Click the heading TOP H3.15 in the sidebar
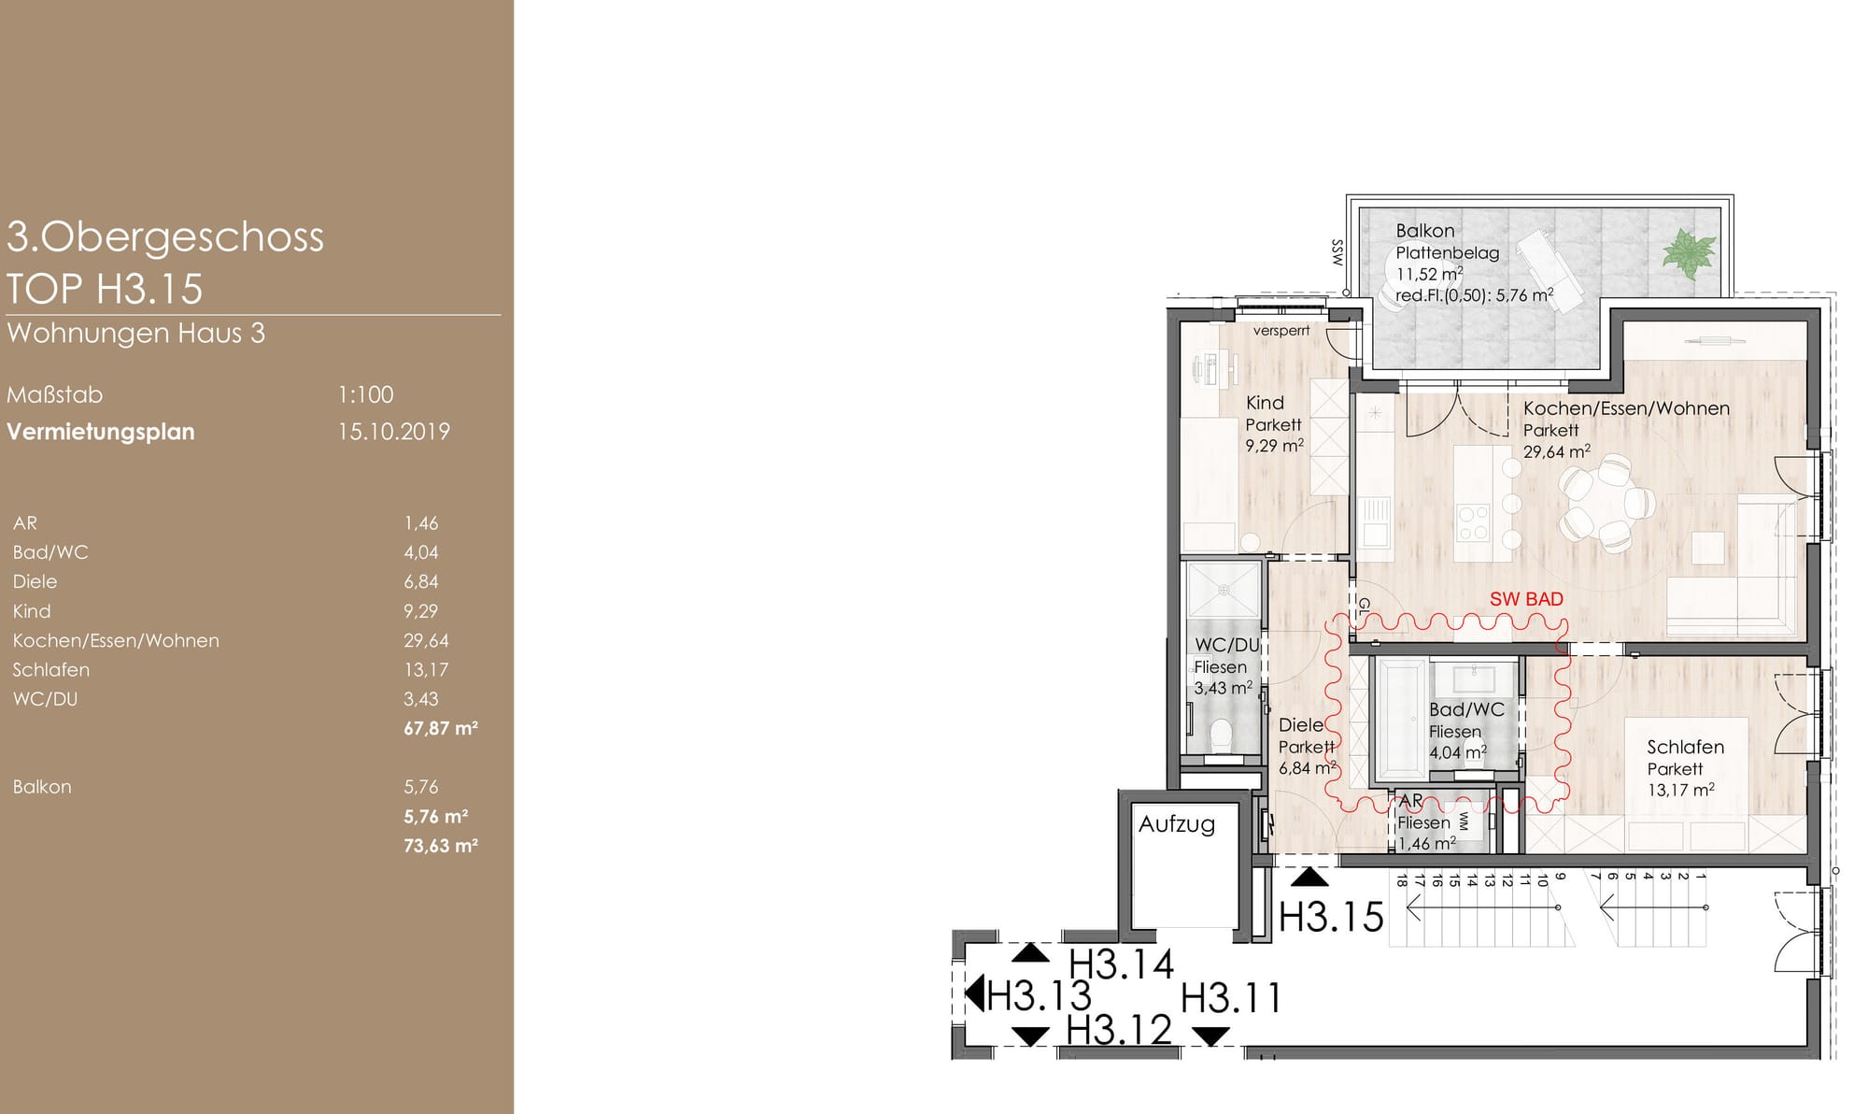click(x=105, y=288)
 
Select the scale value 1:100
click(x=365, y=394)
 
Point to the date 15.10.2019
click(x=394, y=432)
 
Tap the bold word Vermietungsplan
click(x=101, y=432)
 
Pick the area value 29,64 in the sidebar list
click(x=426, y=640)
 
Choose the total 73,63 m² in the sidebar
click(x=441, y=846)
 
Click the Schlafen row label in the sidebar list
click(x=51, y=670)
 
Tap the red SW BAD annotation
click(x=1526, y=599)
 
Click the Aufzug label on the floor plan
click(x=1177, y=824)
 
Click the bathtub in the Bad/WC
click(x=1400, y=720)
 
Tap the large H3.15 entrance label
click(x=1331, y=917)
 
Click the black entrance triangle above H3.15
click(x=1309, y=877)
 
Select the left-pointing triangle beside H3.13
click(x=974, y=993)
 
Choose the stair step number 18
click(x=1401, y=879)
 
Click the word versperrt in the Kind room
click(x=1281, y=330)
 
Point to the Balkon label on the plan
click(x=1425, y=231)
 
